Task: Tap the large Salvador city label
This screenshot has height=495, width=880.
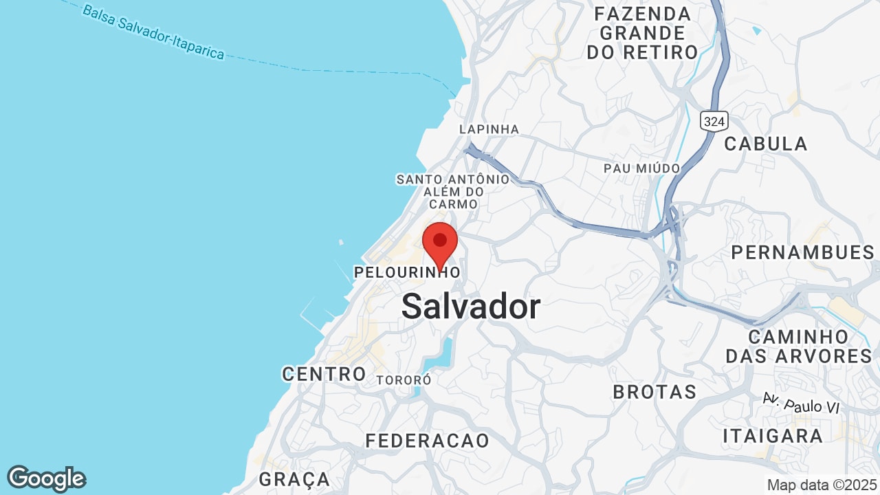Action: [471, 306]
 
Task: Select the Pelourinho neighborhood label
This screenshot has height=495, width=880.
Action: [407, 272]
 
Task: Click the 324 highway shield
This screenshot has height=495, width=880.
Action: [714, 122]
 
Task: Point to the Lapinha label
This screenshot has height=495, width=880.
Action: [489, 129]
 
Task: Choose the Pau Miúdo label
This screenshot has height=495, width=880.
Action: [641, 168]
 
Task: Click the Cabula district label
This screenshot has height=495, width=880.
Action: [766, 144]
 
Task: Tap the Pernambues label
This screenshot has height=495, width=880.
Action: [802, 252]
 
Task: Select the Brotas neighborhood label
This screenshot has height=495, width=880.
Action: [654, 392]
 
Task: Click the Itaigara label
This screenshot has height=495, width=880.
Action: [773, 436]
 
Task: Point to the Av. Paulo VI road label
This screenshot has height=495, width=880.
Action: [802, 404]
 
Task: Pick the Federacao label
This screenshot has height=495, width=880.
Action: [427, 441]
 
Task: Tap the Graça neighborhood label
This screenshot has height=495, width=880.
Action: [294, 479]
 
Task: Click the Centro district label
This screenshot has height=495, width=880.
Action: [324, 374]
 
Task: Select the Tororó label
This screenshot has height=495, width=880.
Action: [404, 379]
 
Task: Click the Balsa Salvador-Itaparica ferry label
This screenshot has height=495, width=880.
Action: [153, 32]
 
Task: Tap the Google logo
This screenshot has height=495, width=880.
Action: [46, 478]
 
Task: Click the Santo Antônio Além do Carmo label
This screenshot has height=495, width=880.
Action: [453, 192]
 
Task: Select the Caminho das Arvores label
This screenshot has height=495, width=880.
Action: [798, 346]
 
